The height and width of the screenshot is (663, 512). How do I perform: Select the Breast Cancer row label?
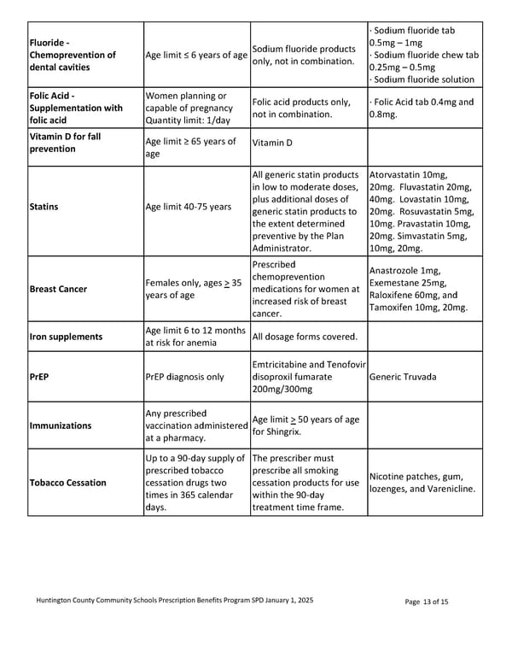[58, 289]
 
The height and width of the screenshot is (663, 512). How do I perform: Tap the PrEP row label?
[38, 375]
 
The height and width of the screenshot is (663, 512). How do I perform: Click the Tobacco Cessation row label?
[67, 483]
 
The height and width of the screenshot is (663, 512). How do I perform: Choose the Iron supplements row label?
[66, 337]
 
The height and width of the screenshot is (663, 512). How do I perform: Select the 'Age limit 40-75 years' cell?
[189, 207]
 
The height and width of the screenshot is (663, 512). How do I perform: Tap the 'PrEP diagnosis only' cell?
[185, 375]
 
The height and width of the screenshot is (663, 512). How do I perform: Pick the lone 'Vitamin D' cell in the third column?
[271, 143]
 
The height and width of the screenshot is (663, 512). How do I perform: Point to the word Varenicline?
[448, 489]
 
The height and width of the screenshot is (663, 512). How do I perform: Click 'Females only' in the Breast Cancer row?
[175, 283]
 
